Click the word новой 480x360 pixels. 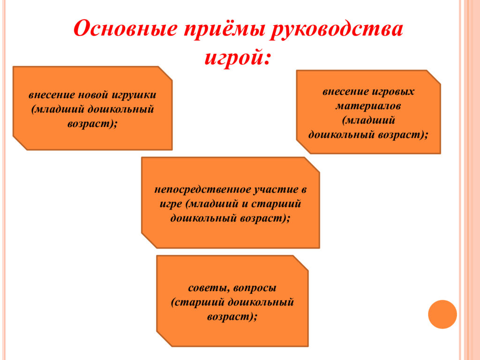(93, 95)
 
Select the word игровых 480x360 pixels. (393, 92)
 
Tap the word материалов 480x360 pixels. (368, 106)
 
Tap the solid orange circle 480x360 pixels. (442, 315)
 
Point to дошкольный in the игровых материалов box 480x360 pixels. (342, 135)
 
